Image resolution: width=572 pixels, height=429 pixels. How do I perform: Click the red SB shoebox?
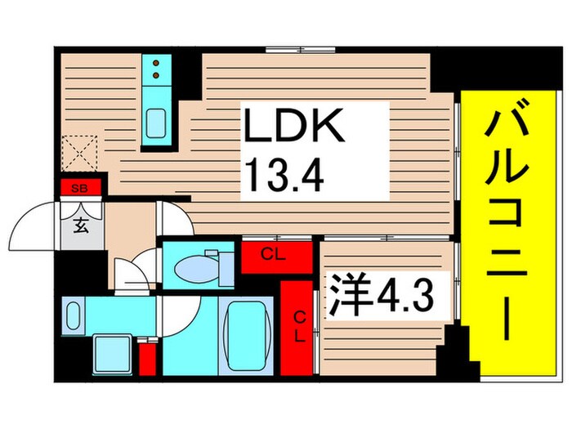pos(80,189)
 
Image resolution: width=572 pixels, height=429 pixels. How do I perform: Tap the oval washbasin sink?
pos(73,315)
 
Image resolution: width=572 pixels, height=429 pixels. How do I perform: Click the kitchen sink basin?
pos(154,123)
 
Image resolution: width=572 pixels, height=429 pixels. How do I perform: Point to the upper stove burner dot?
pos(154,62)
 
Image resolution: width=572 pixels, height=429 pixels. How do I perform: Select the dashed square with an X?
pos(78,154)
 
